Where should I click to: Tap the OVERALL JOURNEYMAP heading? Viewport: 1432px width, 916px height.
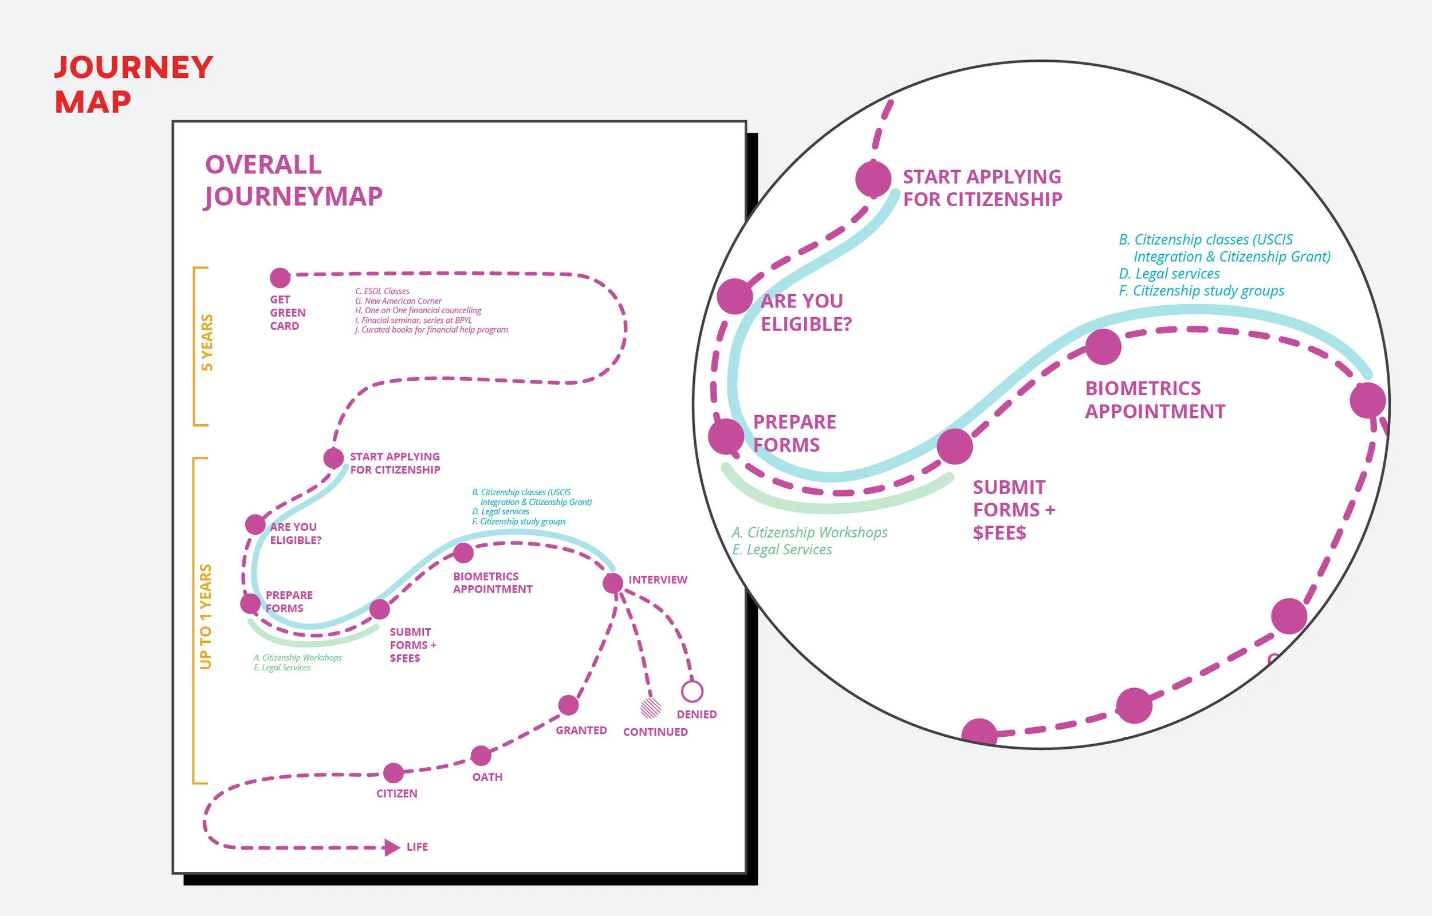pyautogui.click(x=293, y=180)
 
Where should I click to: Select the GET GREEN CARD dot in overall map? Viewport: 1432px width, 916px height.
pyautogui.click(x=280, y=277)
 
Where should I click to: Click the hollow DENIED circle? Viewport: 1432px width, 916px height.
pyautogui.click(x=692, y=691)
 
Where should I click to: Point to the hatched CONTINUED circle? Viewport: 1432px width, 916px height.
pyautogui.click(x=650, y=708)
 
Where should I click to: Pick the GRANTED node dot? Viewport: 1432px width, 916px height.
pyautogui.click(x=568, y=705)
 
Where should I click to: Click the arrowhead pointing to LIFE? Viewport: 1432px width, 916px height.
pyautogui.click(x=391, y=847)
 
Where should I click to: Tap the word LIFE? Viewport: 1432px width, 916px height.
pyautogui.click(x=417, y=847)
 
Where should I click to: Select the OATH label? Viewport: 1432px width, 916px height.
pyautogui.click(x=487, y=777)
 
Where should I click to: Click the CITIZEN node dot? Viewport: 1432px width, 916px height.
pyautogui.click(x=394, y=773)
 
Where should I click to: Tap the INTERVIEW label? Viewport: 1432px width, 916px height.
pyautogui.click(x=658, y=579)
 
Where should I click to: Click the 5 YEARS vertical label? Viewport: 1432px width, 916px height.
pyautogui.click(x=206, y=342)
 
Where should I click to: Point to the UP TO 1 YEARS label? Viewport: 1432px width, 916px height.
pyautogui.click(x=205, y=617)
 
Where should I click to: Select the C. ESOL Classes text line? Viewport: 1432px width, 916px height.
pyautogui.click(x=382, y=291)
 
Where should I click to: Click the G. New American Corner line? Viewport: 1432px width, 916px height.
pyautogui.click(x=398, y=301)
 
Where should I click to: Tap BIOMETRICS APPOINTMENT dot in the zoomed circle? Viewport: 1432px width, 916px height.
pyautogui.click(x=1103, y=347)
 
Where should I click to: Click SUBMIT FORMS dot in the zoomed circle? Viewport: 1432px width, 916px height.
pyautogui.click(x=954, y=447)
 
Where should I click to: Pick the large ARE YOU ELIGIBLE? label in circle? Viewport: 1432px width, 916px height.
pyautogui.click(x=805, y=312)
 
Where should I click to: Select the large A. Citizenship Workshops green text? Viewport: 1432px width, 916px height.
pyautogui.click(x=809, y=532)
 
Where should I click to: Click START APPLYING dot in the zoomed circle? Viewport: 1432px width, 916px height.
pyautogui.click(x=873, y=179)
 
